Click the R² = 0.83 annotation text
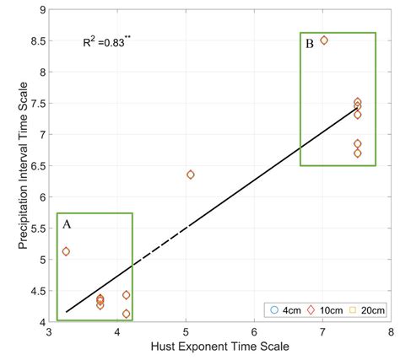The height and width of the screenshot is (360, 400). (x=105, y=42)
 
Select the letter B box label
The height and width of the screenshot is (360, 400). (x=310, y=44)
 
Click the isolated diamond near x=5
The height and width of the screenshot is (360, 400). (x=191, y=175)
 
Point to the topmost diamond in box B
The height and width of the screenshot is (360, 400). (x=324, y=40)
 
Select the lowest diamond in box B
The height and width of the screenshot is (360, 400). (x=358, y=153)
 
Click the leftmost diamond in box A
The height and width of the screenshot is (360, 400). (x=66, y=251)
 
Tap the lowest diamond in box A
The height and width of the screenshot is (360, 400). (x=127, y=314)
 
